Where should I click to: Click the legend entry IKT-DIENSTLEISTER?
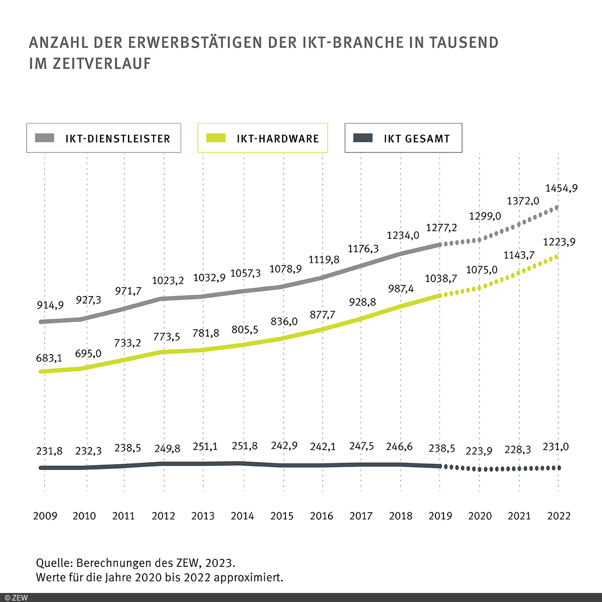104,138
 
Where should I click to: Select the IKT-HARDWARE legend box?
263,138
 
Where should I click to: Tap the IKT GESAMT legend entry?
403,138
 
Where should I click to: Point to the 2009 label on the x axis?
45,516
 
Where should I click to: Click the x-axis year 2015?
282,516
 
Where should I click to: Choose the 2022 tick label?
559,516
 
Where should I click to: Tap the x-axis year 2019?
440,516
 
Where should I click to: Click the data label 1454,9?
561,188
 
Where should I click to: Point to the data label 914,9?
50,305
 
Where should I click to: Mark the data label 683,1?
49,358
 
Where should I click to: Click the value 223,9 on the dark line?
479,450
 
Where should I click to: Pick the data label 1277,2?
441,228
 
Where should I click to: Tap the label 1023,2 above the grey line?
168,280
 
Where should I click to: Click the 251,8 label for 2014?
245,445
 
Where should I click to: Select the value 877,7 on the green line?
323,315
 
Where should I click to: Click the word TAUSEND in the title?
464,43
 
